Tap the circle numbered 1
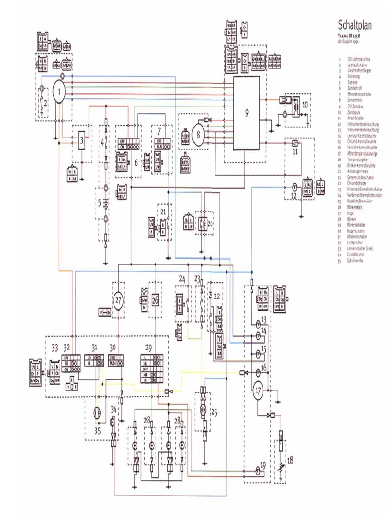[59, 92]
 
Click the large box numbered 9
[246, 113]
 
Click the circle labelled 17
[258, 391]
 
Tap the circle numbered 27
[118, 301]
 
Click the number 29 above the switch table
[148, 347]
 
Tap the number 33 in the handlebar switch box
[55, 347]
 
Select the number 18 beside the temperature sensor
[290, 460]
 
